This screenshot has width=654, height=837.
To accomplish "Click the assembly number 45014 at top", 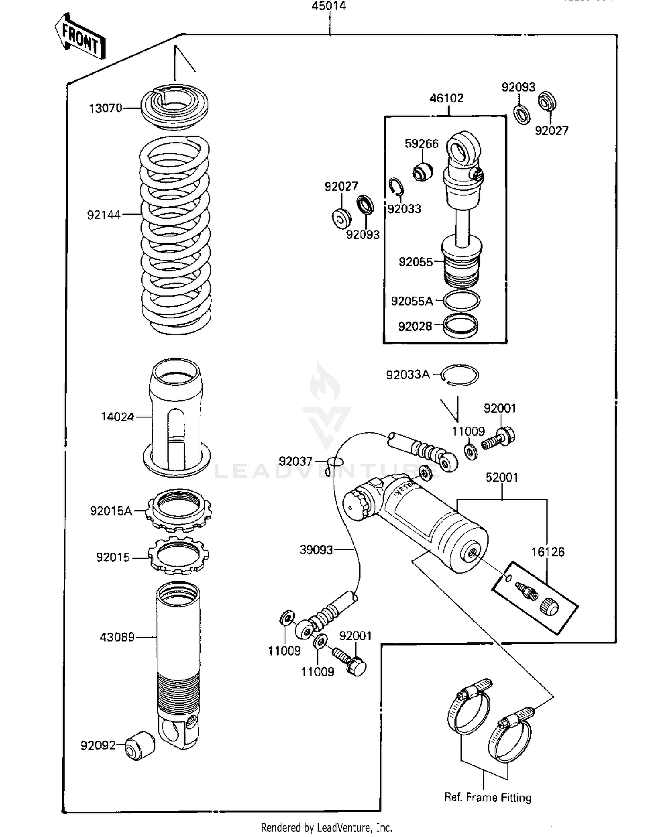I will [329, 6].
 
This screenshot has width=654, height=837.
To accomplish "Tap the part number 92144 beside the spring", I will [103, 215].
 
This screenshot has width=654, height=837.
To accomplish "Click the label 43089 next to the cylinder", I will [117, 637].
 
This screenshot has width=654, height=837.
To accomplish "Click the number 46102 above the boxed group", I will [446, 98].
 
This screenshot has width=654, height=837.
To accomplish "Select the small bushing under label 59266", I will [422, 171].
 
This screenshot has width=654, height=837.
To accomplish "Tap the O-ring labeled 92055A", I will [461, 301].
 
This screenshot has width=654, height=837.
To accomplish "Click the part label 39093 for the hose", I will [316, 550].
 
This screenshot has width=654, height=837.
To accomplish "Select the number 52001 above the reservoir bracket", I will [502, 477].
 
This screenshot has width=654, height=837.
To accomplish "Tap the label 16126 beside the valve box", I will [548, 552].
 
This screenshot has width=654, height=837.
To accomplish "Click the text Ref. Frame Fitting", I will [487, 797].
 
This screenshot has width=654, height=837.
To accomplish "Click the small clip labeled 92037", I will [335, 462].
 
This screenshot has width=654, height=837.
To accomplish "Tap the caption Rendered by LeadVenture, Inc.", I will [327, 827].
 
